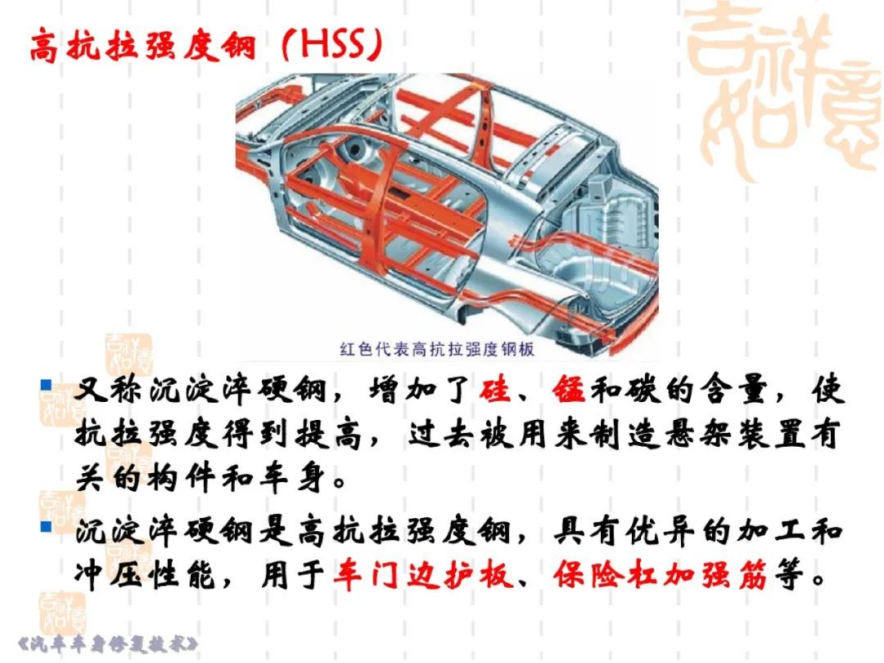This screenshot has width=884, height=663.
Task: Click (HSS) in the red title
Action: point(332,44)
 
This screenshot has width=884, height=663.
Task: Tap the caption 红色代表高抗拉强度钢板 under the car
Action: point(437,349)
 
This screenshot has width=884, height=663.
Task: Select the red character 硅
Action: point(495,390)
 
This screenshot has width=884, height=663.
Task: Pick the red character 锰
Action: point(569,390)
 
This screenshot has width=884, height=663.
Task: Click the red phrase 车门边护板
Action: point(423,575)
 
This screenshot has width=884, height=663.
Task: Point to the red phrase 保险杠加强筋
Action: point(660,575)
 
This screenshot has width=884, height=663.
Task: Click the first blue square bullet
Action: point(46,386)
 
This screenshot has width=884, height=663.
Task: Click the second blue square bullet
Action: point(46,527)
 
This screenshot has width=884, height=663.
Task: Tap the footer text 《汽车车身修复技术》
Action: point(108,644)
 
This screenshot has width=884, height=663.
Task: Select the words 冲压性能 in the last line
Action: point(145,575)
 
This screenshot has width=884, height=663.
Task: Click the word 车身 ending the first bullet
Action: point(292,480)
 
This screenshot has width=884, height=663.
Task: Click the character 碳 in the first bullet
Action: point(644,390)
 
